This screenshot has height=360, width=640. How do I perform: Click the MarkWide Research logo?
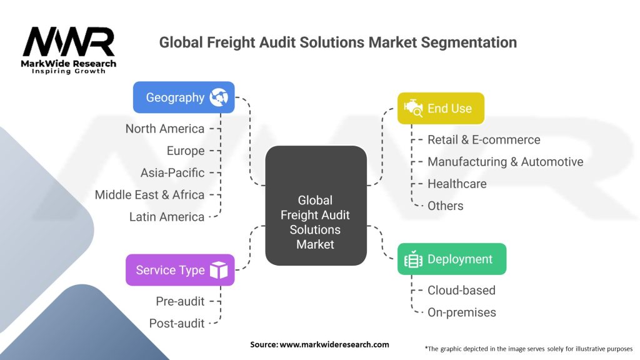pyautogui.click(x=69, y=50)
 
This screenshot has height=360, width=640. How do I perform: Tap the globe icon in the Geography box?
pyautogui.click(x=219, y=97)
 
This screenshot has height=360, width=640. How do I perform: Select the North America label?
pyautogui.click(x=165, y=129)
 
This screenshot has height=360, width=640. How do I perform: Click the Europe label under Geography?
pyautogui.click(x=186, y=151)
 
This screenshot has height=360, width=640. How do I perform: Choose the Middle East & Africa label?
pyautogui.click(x=149, y=195)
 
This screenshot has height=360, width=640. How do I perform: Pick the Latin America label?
pyautogui.click(x=167, y=217)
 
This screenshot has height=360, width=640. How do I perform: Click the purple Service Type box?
pyautogui.click(x=180, y=270)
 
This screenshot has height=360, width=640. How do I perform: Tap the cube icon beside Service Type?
pyautogui.click(x=219, y=270)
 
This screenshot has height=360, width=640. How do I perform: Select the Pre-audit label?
pyautogui.click(x=180, y=301)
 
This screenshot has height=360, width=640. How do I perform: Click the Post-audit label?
pyautogui.click(x=177, y=323)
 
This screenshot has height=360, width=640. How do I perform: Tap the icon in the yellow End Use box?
pyautogui.click(x=413, y=109)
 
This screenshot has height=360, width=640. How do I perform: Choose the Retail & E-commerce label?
pyautogui.click(x=484, y=139)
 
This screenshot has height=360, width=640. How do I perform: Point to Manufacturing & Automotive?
pyautogui.click(x=505, y=162)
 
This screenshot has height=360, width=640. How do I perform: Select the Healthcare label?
pyautogui.click(x=457, y=184)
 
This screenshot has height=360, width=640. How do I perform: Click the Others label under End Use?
pyautogui.click(x=446, y=206)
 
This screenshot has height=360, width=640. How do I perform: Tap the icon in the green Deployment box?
pyautogui.click(x=413, y=259)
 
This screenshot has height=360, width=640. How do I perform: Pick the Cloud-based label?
pyautogui.click(x=461, y=290)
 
